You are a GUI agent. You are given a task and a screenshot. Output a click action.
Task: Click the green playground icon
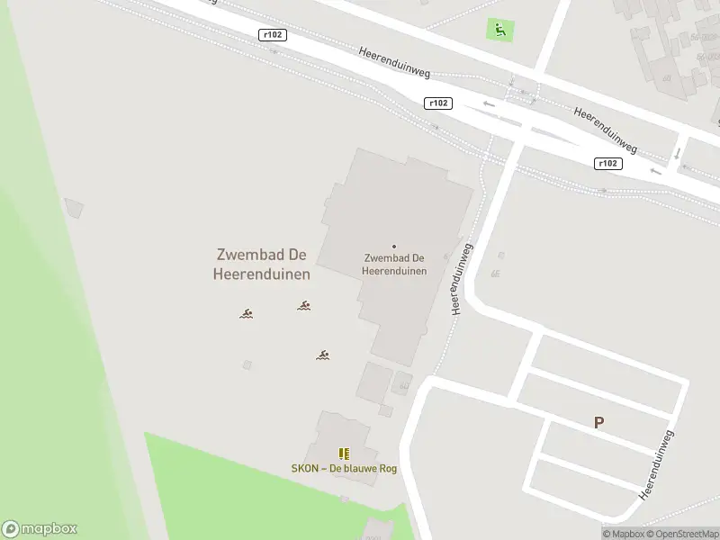[x=499, y=30]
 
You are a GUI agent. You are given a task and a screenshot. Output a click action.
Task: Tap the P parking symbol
[x=598, y=422]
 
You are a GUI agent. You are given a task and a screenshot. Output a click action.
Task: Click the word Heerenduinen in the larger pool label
[x=261, y=274]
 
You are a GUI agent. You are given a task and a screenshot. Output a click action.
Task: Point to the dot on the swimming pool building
[x=393, y=246]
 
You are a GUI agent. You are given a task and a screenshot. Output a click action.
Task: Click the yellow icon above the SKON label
[x=343, y=454]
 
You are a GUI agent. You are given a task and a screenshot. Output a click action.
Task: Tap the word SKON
[x=305, y=468]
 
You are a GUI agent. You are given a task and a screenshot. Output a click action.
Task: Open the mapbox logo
[x=40, y=529]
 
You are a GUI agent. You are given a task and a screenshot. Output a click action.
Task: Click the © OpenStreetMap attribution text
[x=680, y=534]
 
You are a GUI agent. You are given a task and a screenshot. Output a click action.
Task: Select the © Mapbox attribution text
[x=625, y=534]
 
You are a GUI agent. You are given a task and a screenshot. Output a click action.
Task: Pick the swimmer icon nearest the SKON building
[x=322, y=355]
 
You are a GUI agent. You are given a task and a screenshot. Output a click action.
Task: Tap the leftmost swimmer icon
[x=246, y=314]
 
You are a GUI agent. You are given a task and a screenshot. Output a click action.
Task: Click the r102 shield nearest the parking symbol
[x=608, y=163]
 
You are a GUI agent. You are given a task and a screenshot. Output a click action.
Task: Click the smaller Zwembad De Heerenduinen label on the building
[x=393, y=265]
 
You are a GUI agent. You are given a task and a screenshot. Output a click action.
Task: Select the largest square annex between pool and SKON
[x=373, y=382]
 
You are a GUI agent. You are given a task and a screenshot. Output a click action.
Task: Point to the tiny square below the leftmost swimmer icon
[x=247, y=364]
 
